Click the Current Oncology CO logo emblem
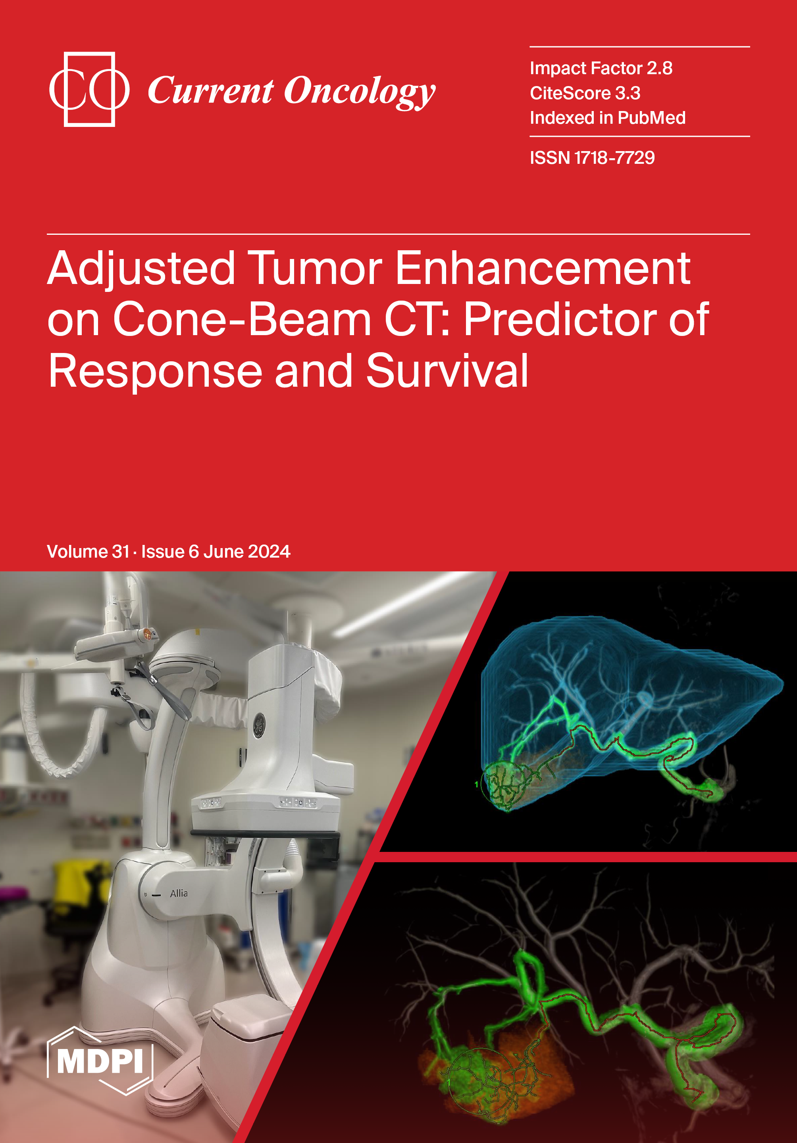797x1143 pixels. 90,90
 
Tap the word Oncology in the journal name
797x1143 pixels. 360,92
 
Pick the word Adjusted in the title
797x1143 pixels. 141,269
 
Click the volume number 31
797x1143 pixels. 121,552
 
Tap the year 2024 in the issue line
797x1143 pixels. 269,552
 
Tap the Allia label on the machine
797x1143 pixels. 179,894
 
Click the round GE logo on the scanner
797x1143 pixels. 259,725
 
